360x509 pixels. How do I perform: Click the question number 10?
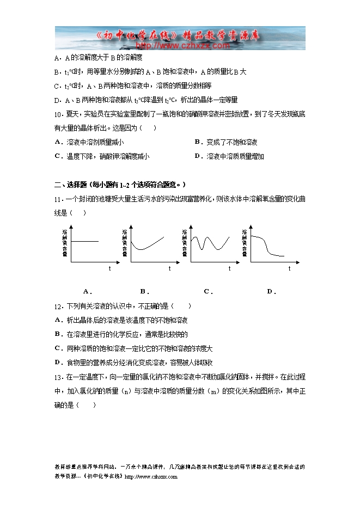coord(59,114)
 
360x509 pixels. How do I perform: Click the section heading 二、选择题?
coord(70,185)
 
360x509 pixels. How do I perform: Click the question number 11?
coord(59,199)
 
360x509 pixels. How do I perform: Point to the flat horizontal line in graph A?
coord(84,241)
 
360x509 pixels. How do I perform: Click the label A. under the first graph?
coord(87,291)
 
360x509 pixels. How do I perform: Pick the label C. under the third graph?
coord(208,291)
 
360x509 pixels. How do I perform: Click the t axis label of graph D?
coord(289,268)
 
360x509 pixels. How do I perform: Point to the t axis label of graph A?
coord(109,268)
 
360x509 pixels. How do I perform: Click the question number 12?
coord(59,306)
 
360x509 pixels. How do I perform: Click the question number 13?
coord(59,377)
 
